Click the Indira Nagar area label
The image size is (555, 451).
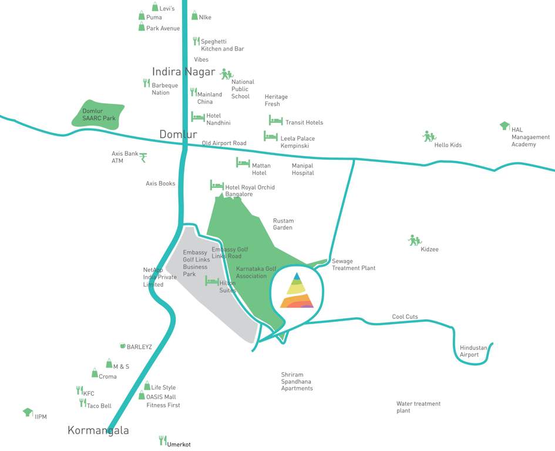tap(183, 72)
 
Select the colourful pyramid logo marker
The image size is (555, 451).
tap(297, 291)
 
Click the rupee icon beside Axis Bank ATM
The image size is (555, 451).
tap(143, 157)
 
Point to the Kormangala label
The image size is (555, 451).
tap(98, 430)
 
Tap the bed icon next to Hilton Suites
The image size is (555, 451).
tap(211, 281)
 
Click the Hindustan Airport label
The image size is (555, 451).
tap(473, 351)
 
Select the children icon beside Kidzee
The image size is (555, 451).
tap(414, 241)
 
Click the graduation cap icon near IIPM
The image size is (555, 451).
tap(28, 413)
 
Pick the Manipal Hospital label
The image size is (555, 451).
tap(303, 169)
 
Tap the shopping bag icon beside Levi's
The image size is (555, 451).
tap(155, 7)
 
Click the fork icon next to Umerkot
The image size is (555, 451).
tap(163, 440)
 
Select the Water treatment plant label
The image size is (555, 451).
tap(418, 407)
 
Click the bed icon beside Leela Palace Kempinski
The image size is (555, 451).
tap(271, 137)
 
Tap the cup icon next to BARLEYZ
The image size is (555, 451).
tap(122, 346)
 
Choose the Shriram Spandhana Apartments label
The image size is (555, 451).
tap(297, 382)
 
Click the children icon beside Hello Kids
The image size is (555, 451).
tap(428, 137)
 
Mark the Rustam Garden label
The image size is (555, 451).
tap(283, 224)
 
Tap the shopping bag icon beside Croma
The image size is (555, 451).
tap(95, 373)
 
